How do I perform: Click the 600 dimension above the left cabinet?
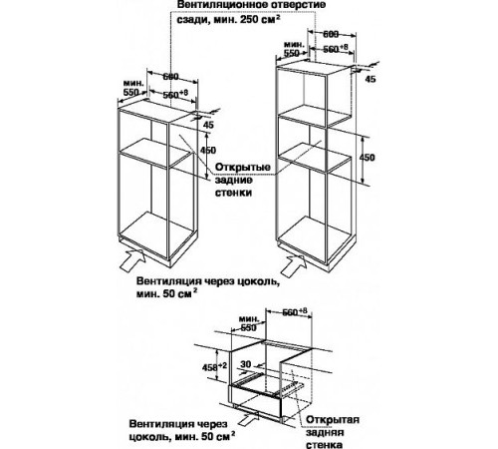pyautogui.click(x=170, y=77)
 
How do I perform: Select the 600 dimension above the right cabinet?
pyautogui.click(x=331, y=34)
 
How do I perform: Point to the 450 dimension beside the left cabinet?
pyautogui.click(x=208, y=151)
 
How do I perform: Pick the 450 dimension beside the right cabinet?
pyautogui.click(x=367, y=158)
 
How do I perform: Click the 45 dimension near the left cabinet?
pyautogui.click(x=208, y=125)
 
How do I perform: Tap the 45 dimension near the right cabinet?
pyautogui.click(x=371, y=79)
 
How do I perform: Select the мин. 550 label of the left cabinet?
pyautogui.click(x=132, y=88)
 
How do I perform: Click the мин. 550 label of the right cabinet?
pyautogui.click(x=294, y=49)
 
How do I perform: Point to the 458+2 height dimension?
pyautogui.click(x=214, y=367)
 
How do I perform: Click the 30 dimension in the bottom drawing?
pyautogui.click(x=246, y=364)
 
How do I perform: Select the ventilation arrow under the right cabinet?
pyautogui.click(x=294, y=264)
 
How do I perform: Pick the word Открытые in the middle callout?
pyautogui.click(x=242, y=167)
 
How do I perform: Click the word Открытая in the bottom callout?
pyautogui.click(x=333, y=419)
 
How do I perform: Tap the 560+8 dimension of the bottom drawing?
pyautogui.click(x=295, y=312)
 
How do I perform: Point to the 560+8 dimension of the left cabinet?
pyautogui.click(x=175, y=94)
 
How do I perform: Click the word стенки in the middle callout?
pyautogui.click(x=233, y=193)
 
